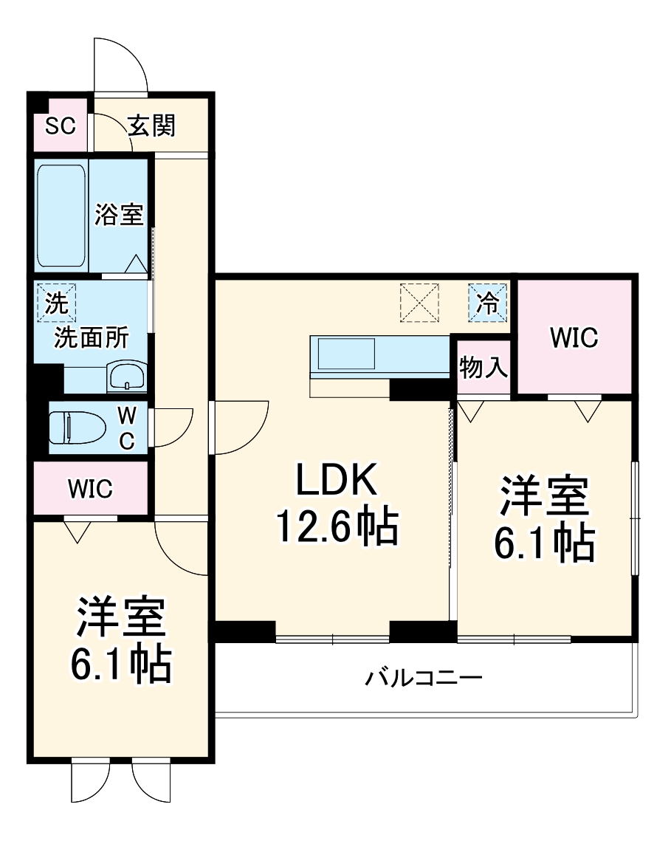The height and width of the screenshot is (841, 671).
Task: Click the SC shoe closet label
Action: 60,126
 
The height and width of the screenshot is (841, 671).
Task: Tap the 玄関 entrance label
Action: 152,126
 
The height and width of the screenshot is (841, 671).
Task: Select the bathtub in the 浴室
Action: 61,216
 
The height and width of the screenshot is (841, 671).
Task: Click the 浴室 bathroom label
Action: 118,215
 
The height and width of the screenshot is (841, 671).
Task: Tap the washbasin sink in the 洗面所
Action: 127,377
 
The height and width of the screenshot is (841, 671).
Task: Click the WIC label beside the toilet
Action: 89,488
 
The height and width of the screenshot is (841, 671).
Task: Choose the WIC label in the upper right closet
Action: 574,338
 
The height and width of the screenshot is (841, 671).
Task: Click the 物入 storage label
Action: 484,368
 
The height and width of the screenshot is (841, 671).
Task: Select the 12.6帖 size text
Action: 337,526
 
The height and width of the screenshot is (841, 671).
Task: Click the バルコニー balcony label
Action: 424,677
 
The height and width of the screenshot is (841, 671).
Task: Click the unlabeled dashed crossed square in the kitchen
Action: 419,303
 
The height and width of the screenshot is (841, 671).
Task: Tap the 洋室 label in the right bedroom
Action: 545,497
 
